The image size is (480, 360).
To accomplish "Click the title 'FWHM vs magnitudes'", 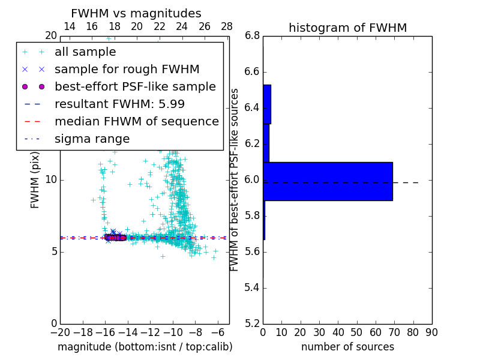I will [x=136, y=14].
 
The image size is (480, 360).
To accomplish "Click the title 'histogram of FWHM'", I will [x=347, y=28].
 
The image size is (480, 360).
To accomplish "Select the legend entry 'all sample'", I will [x=85, y=52].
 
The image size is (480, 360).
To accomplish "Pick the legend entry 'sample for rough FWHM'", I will [x=127, y=70].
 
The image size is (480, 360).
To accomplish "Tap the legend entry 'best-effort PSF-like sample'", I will [x=135, y=87].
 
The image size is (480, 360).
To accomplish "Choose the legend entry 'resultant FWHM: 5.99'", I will [x=119, y=104].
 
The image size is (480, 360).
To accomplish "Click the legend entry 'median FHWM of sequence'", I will [x=136, y=122].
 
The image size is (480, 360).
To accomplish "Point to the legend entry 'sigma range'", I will [x=92, y=139].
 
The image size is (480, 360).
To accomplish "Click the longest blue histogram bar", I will [x=328, y=181].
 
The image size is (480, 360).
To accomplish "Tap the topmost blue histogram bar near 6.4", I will [x=267, y=104].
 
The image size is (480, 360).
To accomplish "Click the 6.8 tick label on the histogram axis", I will [x=253, y=36].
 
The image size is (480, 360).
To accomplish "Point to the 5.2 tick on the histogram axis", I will [x=253, y=323].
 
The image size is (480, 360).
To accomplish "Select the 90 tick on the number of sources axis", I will [x=431, y=332].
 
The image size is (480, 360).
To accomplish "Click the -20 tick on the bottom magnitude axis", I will [x=60, y=332].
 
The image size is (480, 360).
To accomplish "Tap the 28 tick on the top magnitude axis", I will [x=227, y=27].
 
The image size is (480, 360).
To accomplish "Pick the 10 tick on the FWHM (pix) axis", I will [x=50, y=180].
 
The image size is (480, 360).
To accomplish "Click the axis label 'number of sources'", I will [x=347, y=347].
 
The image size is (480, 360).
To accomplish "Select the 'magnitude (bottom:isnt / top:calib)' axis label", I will [x=145, y=347].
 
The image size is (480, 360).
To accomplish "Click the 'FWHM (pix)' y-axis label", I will [x=35, y=180].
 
